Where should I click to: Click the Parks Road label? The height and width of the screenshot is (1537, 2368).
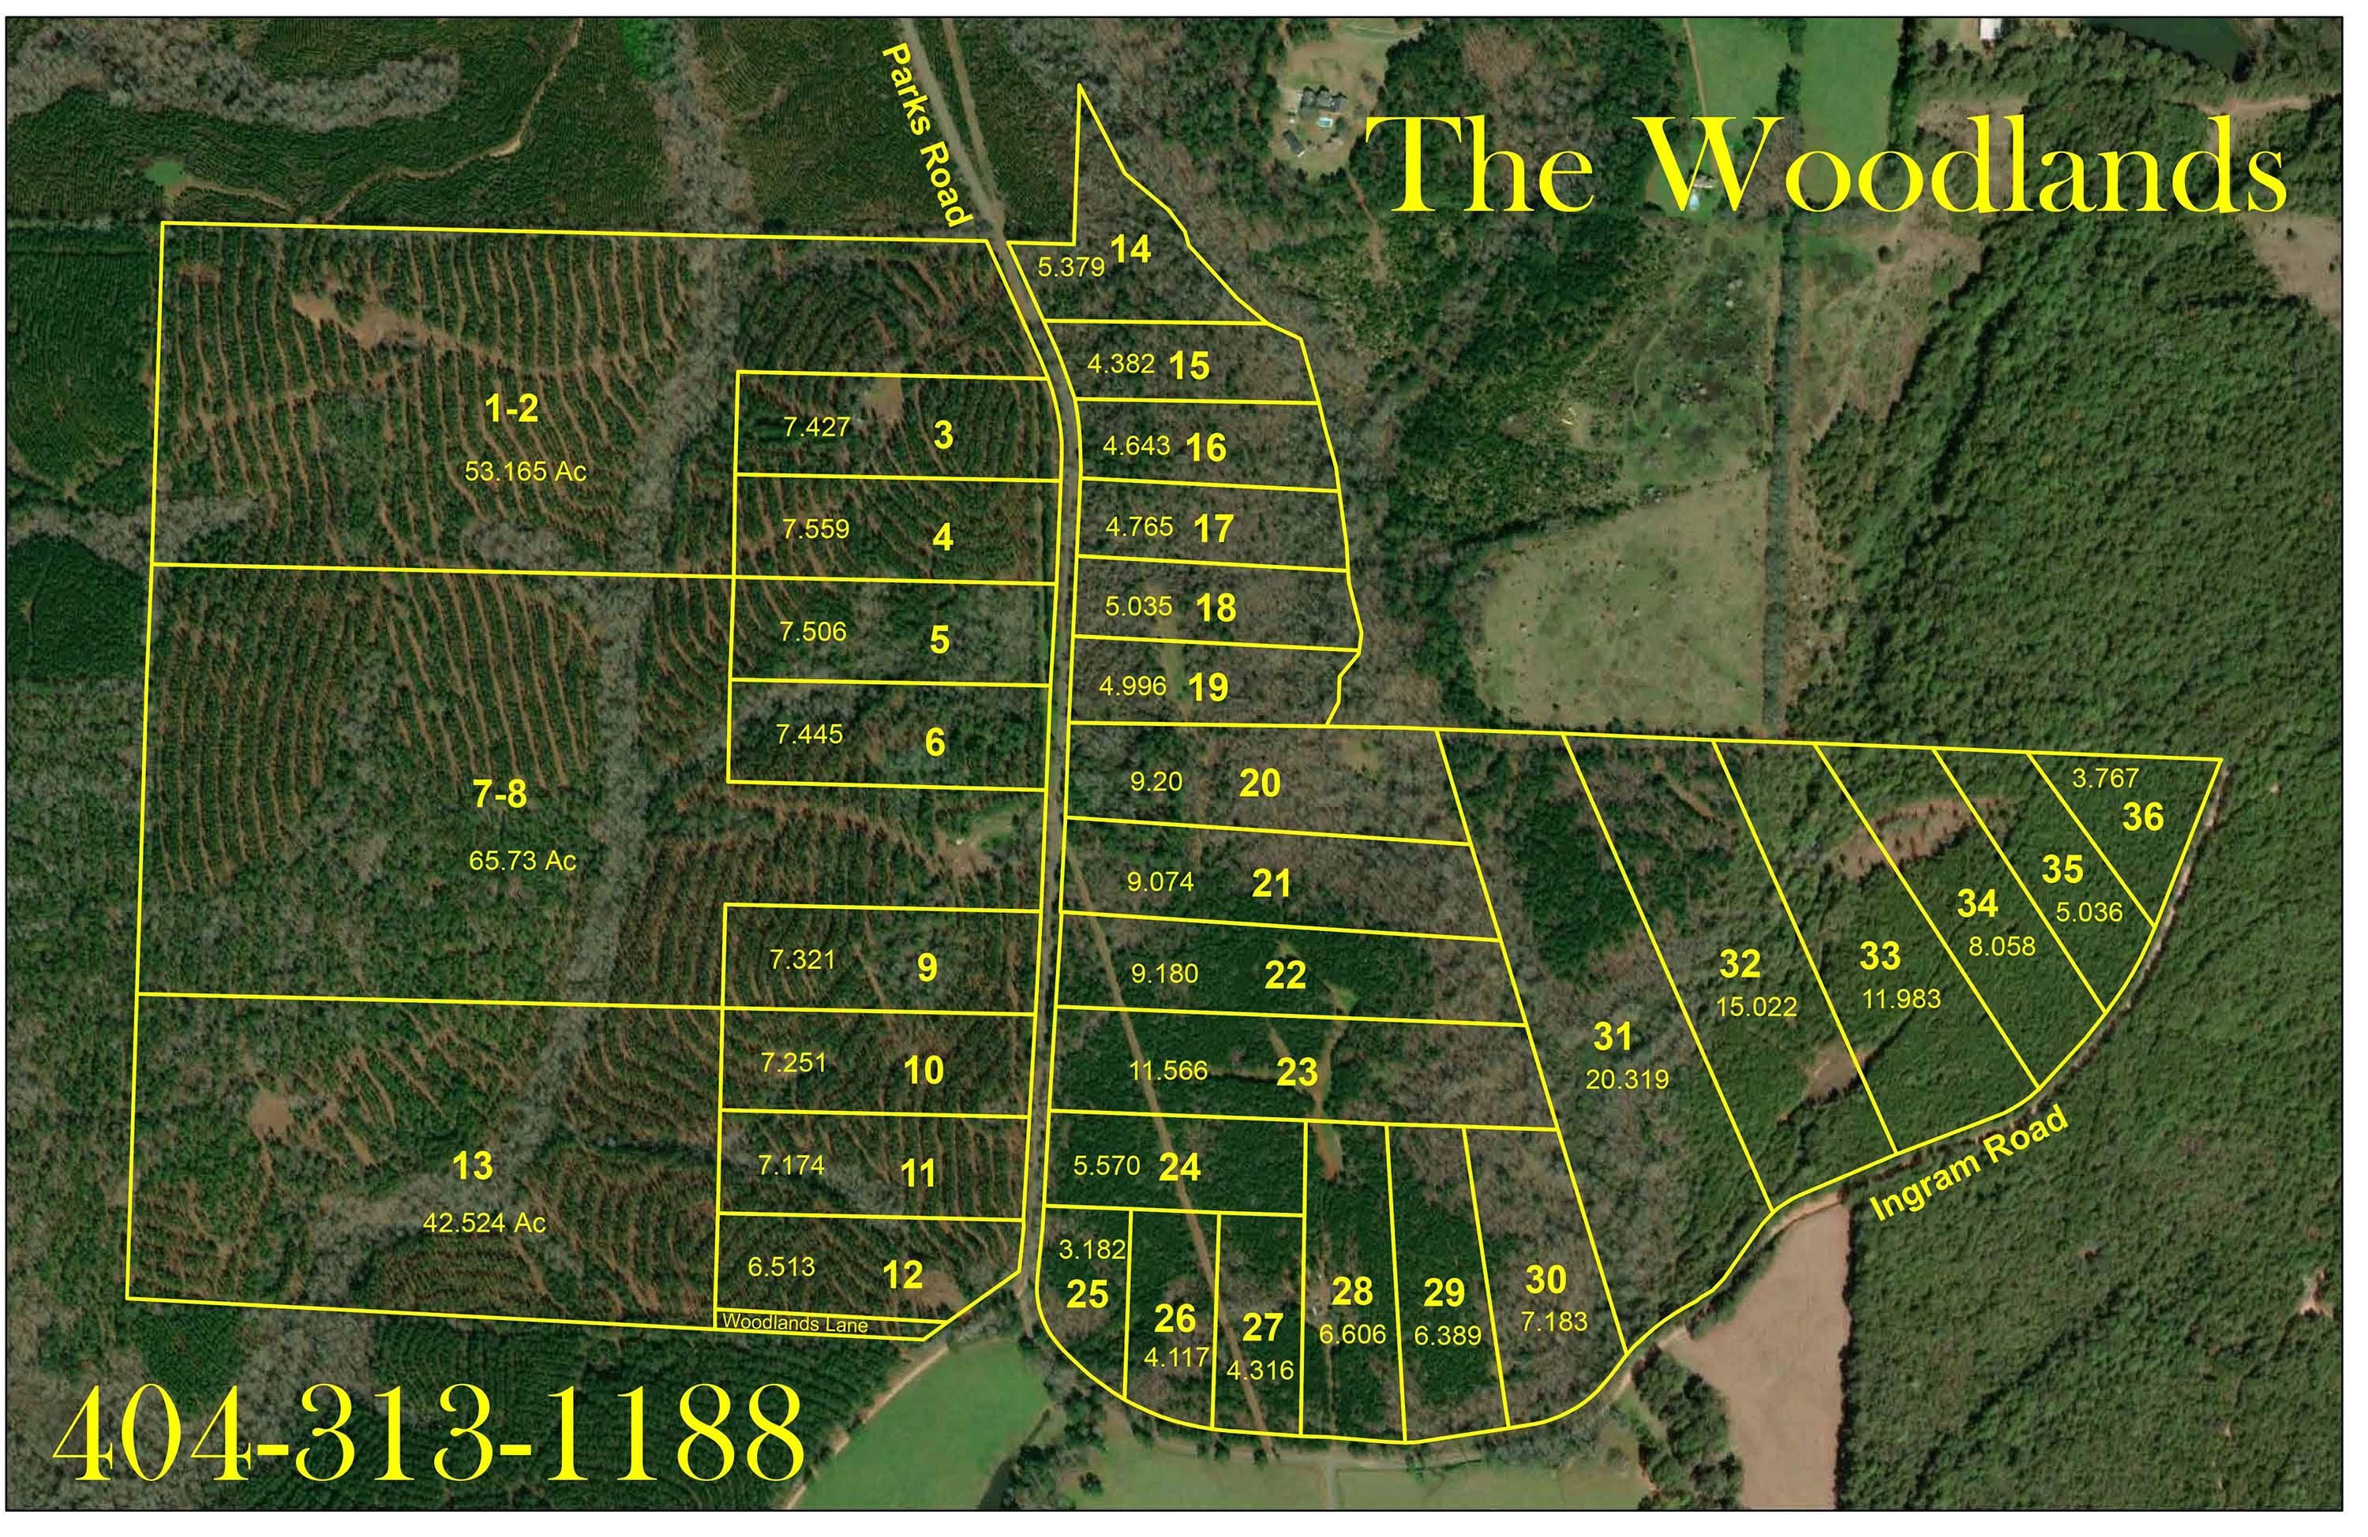pyautogui.click(x=925, y=134)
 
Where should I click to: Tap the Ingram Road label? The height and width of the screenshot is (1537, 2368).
pyautogui.click(x=1969, y=1164)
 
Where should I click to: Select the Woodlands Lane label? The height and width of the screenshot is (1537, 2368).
pyautogui.click(x=795, y=1323)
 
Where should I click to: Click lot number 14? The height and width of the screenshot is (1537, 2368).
pyautogui.click(x=1131, y=249)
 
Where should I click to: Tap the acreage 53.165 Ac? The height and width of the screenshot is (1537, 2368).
pyautogui.click(x=526, y=470)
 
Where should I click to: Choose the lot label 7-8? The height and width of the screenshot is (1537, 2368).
pyautogui.click(x=500, y=796)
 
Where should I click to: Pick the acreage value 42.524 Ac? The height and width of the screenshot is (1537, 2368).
pyautogui.click(x=485, y=1223)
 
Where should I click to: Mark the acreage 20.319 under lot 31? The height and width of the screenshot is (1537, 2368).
pyautogui.click(x=1627, y=1079)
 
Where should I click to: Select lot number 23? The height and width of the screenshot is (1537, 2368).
pyautogui.click(x=1296, y=1072)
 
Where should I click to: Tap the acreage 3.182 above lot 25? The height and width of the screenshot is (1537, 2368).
pyautogui.click(x=1092, y=1250)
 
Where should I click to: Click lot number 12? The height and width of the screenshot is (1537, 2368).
pyautogui.click(x=902, y=1275)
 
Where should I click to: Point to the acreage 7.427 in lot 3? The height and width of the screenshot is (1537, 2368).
pyautogui.click(x=816, y=428)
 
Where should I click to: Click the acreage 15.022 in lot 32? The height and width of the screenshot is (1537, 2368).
pyautogui.click(x=1756, y=1007)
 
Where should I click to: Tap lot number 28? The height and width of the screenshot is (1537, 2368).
pyautogui.click(x=1352, y=1292)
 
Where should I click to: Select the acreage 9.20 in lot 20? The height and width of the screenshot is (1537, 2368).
pyautogui.click(x=1156, y=783)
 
